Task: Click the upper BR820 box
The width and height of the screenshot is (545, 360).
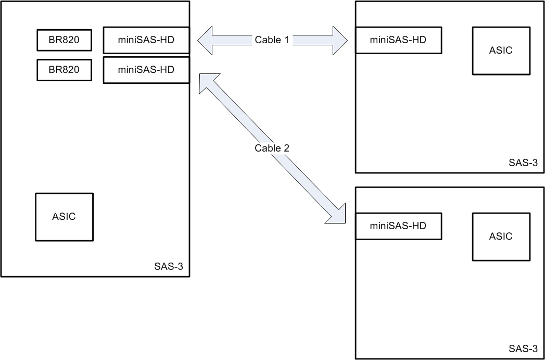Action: coord(64,40)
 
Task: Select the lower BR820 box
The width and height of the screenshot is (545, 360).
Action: coord(64,70)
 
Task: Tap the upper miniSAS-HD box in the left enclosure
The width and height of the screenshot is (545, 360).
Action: coord(146,40)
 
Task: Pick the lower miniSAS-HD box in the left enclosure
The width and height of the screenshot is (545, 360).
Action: coord(146,70)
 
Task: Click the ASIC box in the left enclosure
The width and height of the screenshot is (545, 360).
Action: coord(64,217)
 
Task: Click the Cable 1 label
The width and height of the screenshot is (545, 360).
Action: coord(272,40)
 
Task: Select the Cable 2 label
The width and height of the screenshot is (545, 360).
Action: coord(272,148)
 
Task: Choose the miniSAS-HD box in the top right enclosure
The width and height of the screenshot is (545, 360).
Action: coord(398,40)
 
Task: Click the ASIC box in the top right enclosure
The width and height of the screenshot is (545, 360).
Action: coord(501,51)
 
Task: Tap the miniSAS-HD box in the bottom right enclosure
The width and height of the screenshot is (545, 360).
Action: coord(398,226)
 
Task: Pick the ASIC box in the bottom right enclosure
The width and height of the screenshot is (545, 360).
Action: coord(501,237)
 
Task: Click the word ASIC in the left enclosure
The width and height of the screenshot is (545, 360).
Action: coord(64,217)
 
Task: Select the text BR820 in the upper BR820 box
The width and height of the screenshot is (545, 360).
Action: coord(64,40)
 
